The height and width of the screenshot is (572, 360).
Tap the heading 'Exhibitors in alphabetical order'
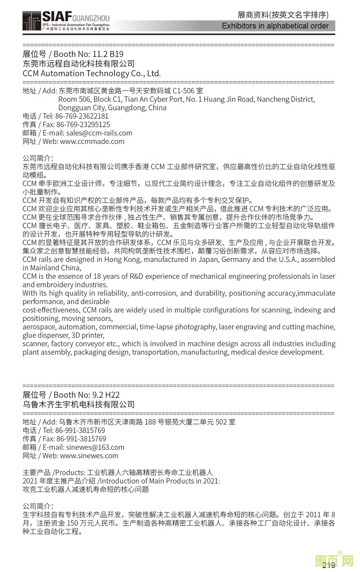275,26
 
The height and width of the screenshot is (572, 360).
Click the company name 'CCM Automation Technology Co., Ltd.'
91,74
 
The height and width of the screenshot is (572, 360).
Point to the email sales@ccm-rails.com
99,133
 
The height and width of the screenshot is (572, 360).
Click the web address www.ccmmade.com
92,142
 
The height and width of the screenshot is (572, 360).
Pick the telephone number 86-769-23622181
82,116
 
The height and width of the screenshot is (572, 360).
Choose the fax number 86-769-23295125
83,125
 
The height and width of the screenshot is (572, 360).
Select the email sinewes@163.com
95,447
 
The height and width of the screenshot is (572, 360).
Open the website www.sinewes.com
89,456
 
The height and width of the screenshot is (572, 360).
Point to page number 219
328,565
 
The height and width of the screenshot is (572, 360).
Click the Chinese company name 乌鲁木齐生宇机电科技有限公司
79,405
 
